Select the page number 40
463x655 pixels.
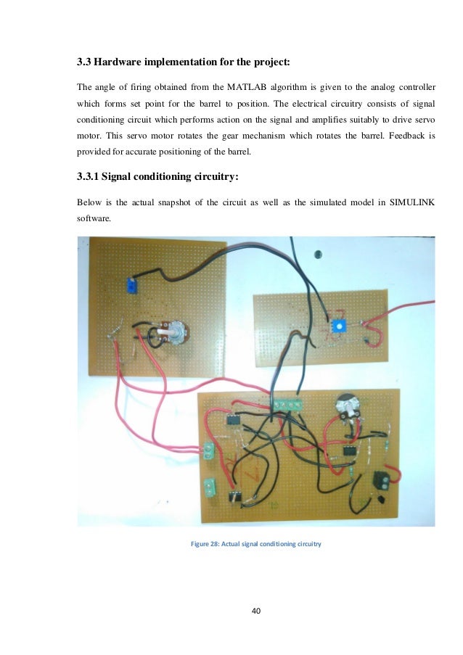255,610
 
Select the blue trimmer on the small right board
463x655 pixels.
336,326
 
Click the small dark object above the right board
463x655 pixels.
317,254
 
